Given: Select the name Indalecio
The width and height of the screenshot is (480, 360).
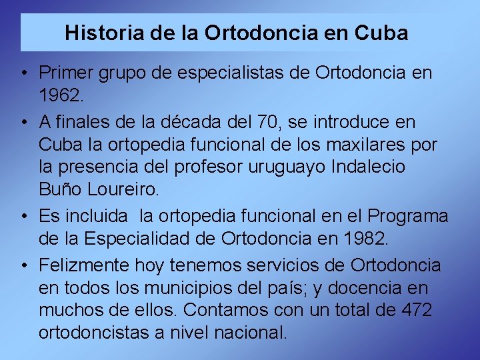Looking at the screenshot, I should coord(369,167).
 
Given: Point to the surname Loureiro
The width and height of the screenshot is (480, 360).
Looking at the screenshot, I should coord(125,190).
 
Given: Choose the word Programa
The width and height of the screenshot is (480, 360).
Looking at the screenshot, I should coord(408,216).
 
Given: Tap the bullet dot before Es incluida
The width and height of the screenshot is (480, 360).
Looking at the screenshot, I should coord(23,216).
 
